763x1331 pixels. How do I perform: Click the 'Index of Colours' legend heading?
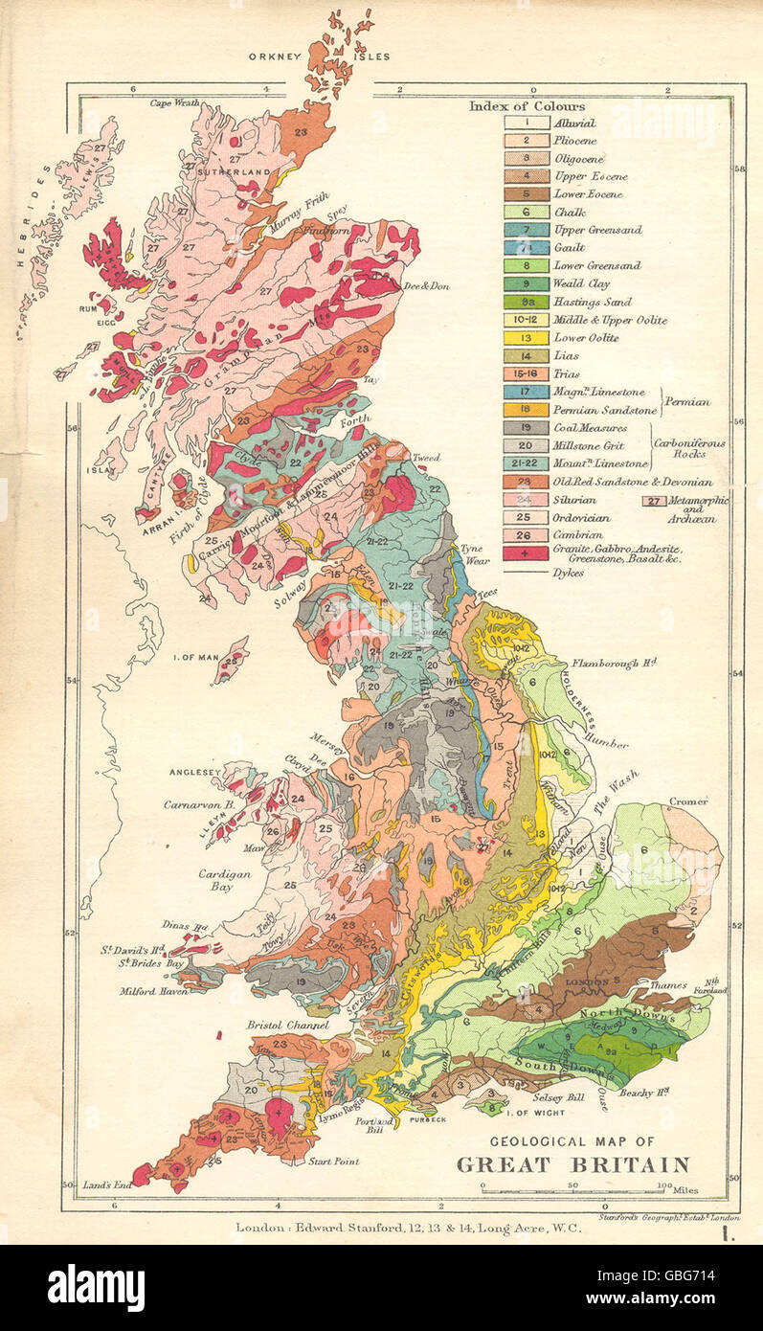click(x=527, y=106)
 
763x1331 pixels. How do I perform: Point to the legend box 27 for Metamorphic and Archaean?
click(x=655, y=500)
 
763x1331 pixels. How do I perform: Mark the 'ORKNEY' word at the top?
click(x=276, y=56)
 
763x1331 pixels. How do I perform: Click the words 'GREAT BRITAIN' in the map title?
click(x=572, y=1165)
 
